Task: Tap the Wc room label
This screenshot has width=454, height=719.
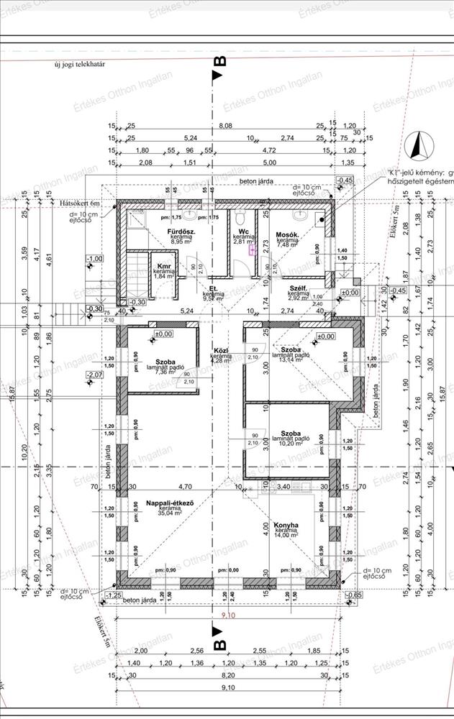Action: pos(245,232)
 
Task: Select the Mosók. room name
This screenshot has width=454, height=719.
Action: pos(288,235)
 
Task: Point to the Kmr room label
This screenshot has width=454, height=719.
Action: pos(163,266)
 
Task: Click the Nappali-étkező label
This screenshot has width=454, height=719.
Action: pos(168,503)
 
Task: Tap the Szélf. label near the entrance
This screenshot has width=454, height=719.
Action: pos(299,288)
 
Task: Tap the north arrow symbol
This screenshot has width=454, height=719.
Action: pos(416,147)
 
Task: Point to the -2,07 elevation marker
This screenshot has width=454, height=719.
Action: pos(94,375)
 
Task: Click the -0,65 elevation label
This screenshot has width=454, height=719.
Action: pos(353,596)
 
